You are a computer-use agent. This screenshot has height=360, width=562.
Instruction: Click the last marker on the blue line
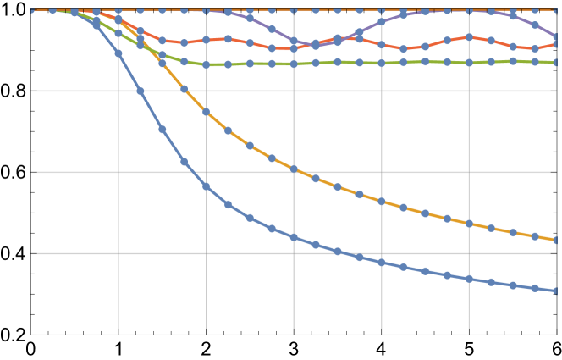click(x=556, y=291)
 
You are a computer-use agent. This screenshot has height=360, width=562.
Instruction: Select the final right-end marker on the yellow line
click(x=556, y=240)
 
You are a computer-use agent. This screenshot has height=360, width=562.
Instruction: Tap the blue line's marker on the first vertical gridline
click(x=118, y=53)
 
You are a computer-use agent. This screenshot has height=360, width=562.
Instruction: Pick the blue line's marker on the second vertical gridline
click(x=206, y=186)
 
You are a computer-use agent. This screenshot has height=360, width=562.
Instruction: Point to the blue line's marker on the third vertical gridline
click(x=294, y=237)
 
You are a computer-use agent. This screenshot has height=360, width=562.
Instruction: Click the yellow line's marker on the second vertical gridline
click(x=206, y=112)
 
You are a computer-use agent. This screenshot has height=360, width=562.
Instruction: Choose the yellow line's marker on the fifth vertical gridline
click(x=469, y=224)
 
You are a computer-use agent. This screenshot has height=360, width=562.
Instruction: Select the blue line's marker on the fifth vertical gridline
click(x=469, y=279)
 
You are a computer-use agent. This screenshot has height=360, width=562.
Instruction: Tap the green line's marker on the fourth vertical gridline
click(x=382, y=63)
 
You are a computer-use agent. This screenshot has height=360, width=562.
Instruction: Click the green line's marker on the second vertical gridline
click(x=206, y=64)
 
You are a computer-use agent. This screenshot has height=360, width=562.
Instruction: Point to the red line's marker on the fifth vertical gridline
click(x=469, y=37)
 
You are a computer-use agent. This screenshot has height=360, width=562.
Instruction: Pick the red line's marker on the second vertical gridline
click(x=206, y=41)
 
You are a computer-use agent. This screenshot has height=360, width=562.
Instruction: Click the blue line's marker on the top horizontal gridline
click(x=140, y=91)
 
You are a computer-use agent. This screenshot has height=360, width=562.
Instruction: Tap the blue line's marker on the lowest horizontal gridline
click(x=338, y=252)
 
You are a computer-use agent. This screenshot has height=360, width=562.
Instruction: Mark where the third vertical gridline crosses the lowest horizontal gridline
click(x=294, y=253)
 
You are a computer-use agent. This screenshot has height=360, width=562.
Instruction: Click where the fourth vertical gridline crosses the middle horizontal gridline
click(x=382, y=172)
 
